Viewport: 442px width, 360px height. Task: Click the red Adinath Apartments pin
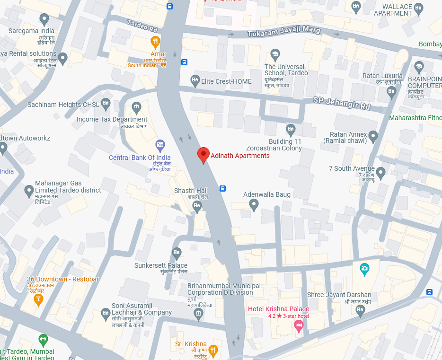click(203, 154)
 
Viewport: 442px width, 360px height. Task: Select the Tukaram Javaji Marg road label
click(284, 32)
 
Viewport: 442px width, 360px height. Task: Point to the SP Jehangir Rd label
click(342, 103)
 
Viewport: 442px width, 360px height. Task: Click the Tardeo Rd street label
click(142, 26)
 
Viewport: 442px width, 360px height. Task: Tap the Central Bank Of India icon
click(160, 144)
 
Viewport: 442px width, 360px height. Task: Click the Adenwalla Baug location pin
click(254, 205)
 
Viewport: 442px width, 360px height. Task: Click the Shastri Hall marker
click(197, 206)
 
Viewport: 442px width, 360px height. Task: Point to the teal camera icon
click(364, 269)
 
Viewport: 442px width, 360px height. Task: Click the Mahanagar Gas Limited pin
click(29, 191)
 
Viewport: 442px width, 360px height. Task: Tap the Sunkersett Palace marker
click(177, 253)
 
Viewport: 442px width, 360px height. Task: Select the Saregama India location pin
click(44, 19)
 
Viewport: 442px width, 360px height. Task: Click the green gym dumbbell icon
click(43, 339)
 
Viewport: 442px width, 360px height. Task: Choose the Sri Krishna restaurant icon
click(213, 350)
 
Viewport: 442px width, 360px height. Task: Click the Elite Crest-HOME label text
click(226, 81)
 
